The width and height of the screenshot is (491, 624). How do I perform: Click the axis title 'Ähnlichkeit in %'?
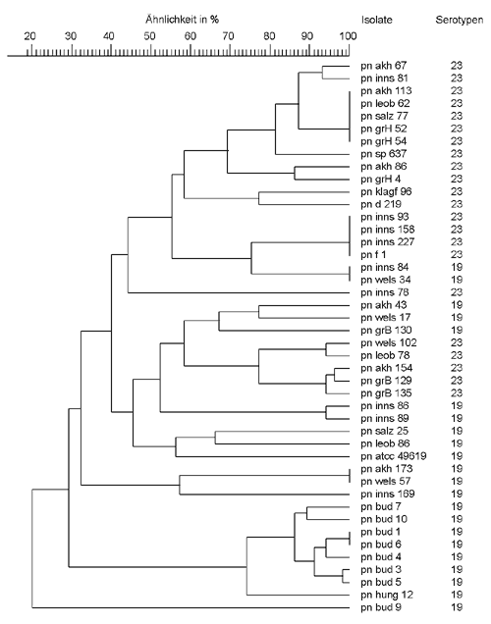click(x=183, y=19)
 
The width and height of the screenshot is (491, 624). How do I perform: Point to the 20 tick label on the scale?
click(x=29, y=36)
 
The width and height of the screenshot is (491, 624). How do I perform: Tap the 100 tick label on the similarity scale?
click(x=348, y=36)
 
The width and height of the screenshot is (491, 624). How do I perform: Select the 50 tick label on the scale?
click(x=149, y=36)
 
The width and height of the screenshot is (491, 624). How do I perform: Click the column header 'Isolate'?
click(x=377, y=20)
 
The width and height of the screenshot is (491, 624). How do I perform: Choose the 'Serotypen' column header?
click(x=460, y=20)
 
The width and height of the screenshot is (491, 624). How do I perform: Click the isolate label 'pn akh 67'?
click(x=384, y=66)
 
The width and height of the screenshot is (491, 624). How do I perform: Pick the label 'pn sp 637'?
click(x=384, y=154)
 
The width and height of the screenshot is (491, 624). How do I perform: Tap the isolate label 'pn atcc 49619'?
click(x=394, y=456)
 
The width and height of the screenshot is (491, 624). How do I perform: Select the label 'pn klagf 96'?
click(x=386, y=191)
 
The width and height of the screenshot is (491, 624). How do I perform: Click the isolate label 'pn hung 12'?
click(x=387, y=595)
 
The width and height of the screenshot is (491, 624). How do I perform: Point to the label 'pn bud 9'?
click(x=381, y=607)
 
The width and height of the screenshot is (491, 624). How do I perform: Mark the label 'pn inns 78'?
click(x=385, y=292)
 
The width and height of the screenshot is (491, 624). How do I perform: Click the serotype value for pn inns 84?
click(x=457, y=267)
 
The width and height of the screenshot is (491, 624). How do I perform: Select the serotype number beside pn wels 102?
click(x=457, y=342)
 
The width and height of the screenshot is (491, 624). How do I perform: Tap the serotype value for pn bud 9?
click(x=457, y=607)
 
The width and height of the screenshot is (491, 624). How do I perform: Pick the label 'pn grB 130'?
click(x=386, y=331)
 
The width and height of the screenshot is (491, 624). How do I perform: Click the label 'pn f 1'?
click(x=373, y=255)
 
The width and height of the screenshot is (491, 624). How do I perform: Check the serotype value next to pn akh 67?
click(x=457, y=66)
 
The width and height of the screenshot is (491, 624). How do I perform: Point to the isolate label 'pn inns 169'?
click(x=388, y=494)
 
